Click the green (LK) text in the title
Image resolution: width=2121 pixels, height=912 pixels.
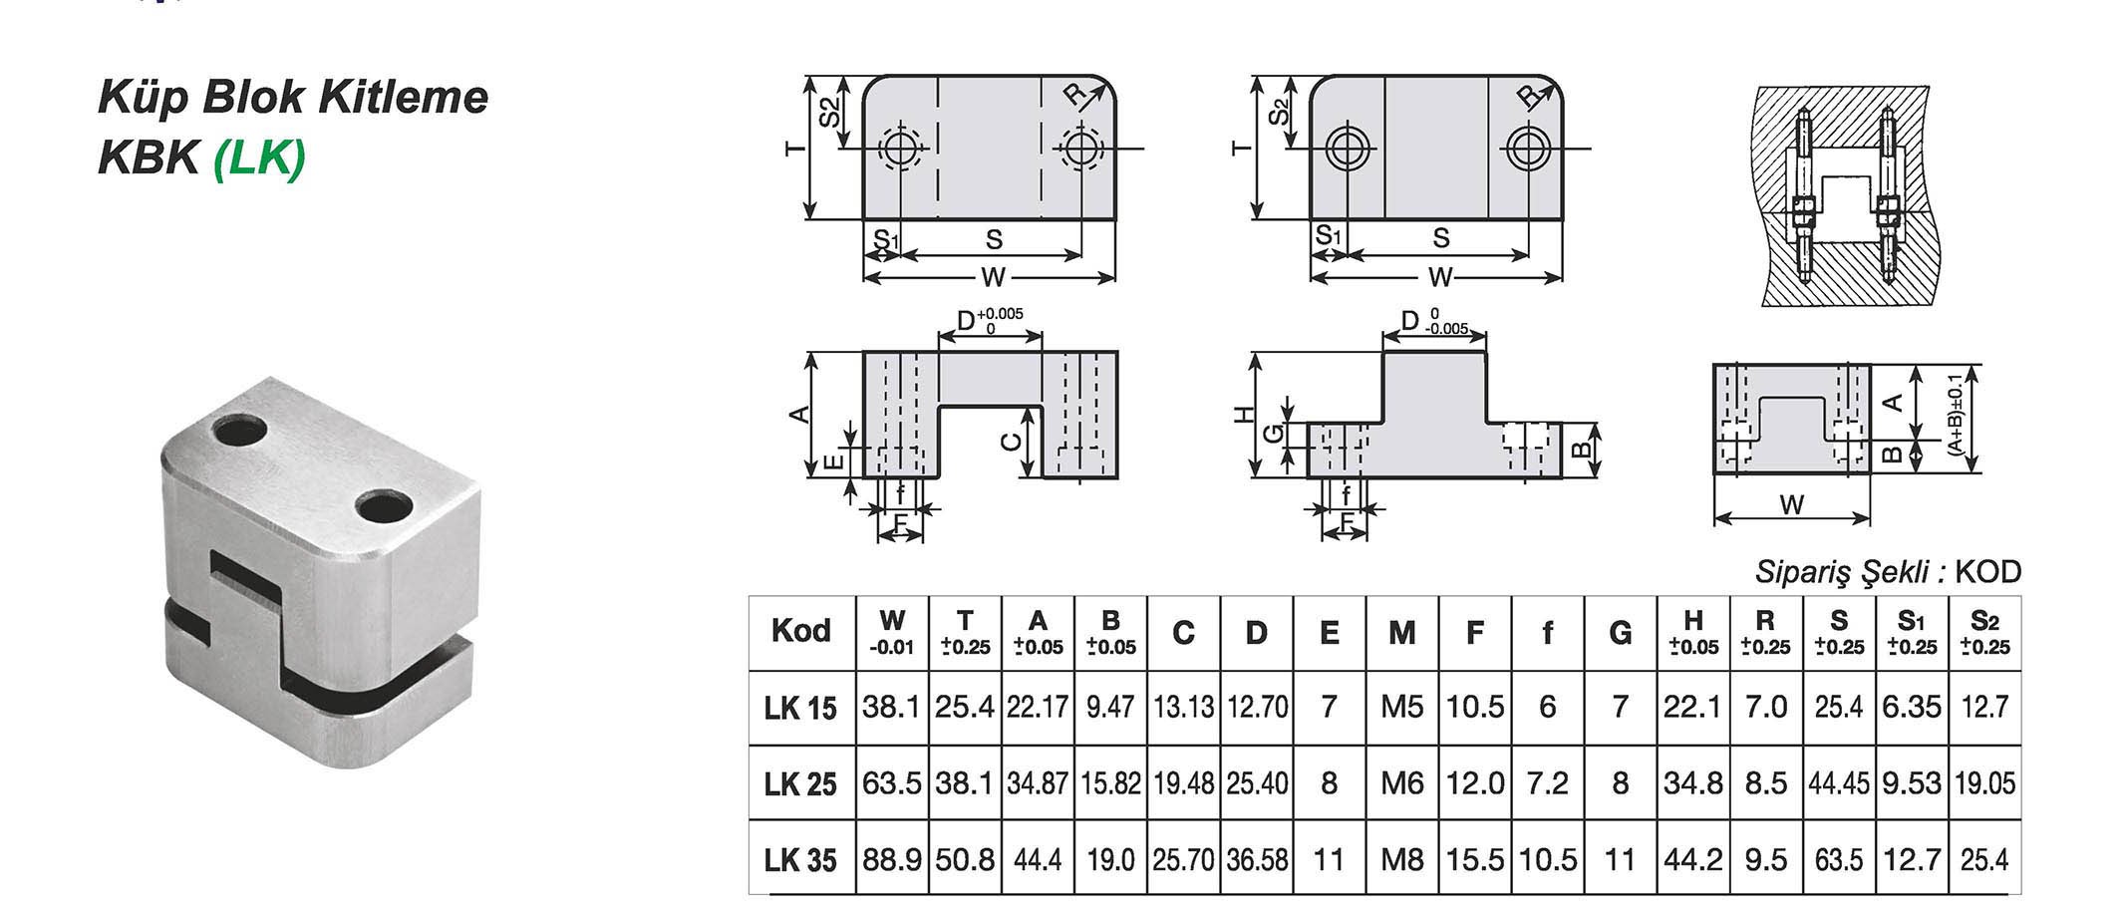pos(259,156)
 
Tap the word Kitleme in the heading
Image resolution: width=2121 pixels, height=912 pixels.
pos(403,98)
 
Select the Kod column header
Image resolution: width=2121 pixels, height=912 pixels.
pos(800,631)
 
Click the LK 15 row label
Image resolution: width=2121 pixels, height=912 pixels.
pos(800,708)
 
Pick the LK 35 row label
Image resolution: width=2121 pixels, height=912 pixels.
pos(800,859)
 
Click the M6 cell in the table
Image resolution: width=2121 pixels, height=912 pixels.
pos(1401,783)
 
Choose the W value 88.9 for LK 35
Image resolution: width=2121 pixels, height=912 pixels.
pos(892,859)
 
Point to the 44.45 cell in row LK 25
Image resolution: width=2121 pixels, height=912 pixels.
pos(1839,783)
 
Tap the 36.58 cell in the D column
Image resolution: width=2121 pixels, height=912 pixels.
pos(1256,859)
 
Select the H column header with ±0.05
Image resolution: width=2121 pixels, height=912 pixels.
pos(1692,632)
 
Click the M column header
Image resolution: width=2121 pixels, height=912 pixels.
pos(1401,632)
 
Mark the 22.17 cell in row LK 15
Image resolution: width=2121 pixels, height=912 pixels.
pos(1038,708)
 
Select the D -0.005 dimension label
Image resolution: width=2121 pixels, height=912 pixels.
pos(1434,321)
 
